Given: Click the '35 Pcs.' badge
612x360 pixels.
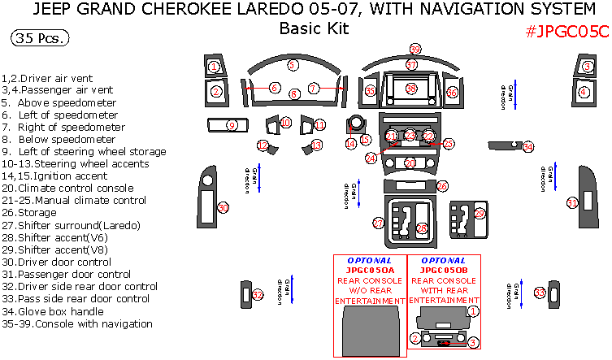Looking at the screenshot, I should point(40,38).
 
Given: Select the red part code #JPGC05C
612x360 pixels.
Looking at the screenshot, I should point(567,32).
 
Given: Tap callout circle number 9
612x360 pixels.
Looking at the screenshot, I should point(232,125).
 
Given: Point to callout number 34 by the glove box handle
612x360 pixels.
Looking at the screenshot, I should point(528,146).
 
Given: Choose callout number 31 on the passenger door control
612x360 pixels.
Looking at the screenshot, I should point(572,202).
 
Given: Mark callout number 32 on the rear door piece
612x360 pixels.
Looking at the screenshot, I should point(257,295).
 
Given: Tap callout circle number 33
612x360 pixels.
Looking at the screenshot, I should point(539,293).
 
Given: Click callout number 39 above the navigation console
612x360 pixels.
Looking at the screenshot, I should point(415,49).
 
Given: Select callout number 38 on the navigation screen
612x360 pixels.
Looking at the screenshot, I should point(411,88).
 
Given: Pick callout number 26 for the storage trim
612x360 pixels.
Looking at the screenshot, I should point(442,186).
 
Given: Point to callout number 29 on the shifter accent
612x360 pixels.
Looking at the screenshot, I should point(480,214).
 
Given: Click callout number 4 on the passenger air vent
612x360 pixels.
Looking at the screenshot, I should point(584,92).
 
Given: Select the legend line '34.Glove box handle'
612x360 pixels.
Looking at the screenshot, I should point(54,311).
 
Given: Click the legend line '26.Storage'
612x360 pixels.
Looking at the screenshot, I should point(26,213).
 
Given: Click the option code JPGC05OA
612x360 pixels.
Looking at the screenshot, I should point(369,270).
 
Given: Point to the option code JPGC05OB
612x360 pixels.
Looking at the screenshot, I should point(444,270).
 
